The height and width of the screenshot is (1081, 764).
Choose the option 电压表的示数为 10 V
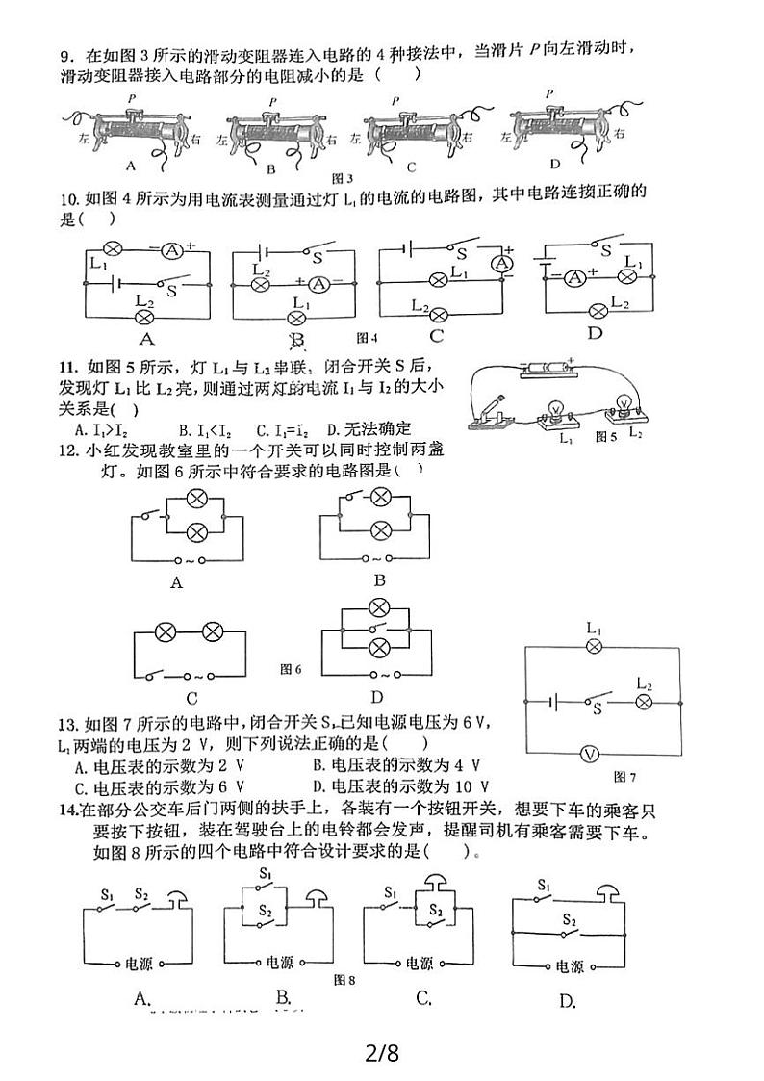[402, 786]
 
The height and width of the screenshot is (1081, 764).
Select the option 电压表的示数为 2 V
[154, 766]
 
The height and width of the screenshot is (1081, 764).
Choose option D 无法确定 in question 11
[369, 428]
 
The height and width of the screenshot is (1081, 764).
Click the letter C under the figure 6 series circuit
[191, 699]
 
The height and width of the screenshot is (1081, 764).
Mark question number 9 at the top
[66, 52]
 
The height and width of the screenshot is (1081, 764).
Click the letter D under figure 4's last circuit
[594, 333]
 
